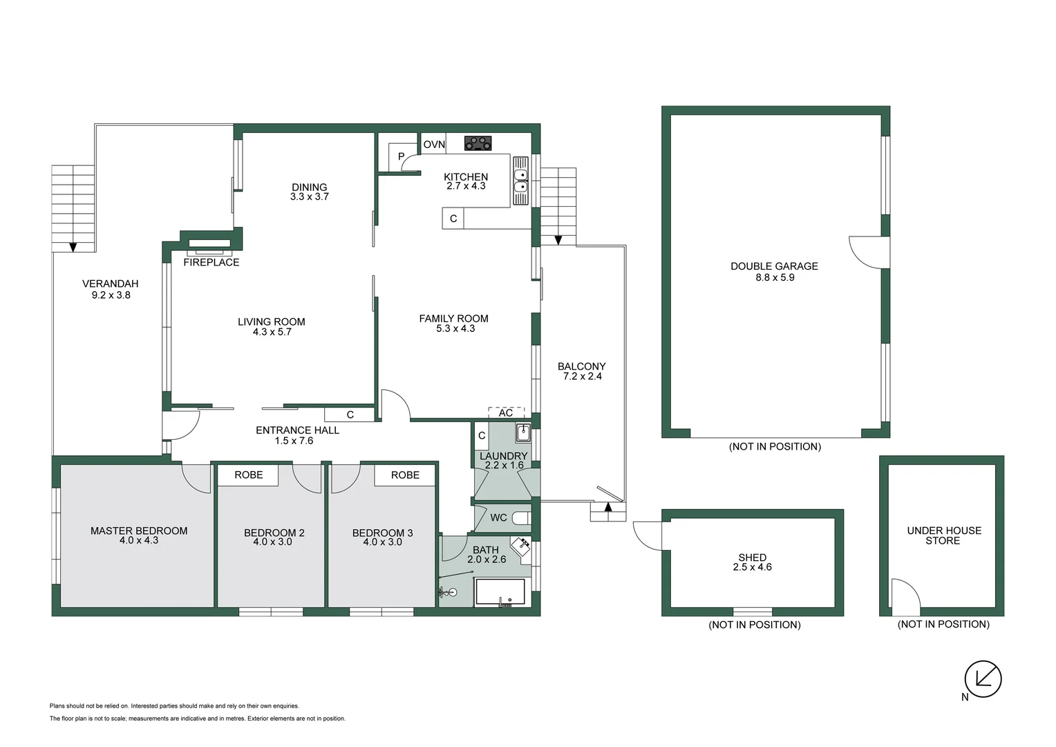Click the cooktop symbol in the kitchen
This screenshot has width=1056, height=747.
[478, 143]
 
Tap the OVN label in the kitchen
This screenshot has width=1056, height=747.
[434, 145]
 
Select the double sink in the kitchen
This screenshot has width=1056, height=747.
[520, 180]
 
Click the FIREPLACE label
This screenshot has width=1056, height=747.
[211, 262]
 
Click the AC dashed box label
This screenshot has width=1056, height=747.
[506, 413]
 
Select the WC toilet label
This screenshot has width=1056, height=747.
[498, 517]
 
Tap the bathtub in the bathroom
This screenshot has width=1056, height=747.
[499, 593]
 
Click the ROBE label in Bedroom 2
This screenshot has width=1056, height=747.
[249, 474]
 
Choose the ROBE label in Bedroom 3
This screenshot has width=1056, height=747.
[405, 474]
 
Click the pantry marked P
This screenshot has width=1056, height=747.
[401, 157]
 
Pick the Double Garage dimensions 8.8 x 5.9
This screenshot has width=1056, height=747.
[775, 277]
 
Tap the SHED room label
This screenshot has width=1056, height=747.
[752, 557]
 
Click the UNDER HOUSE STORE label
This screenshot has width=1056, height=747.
[943, 535]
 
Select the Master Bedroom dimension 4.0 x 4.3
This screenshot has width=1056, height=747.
[139, 540]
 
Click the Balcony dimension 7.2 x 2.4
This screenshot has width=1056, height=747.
[581, 376]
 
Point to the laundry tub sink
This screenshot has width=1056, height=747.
[522, 433]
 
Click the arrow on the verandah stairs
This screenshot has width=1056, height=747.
[73, 246]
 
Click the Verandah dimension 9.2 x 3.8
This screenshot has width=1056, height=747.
[111, 295]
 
